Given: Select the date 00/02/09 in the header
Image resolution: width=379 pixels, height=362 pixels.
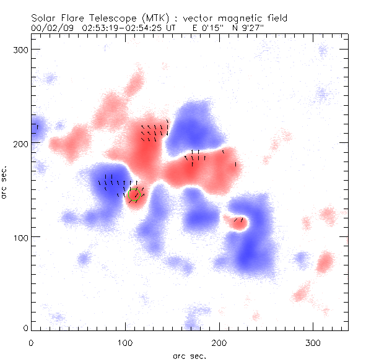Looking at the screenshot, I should pyautogui.click(x=50, y=28).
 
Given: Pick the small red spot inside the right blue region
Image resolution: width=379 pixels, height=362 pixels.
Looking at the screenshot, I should pyautogui.click(x=237, y=222).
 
